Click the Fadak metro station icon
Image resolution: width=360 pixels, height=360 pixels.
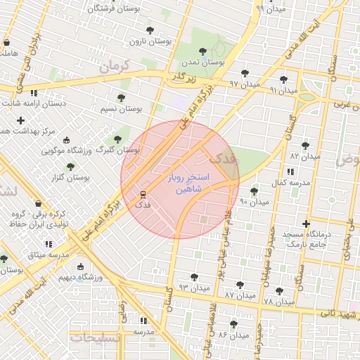(x=143, y=194)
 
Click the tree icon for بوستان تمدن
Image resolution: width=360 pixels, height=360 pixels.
(x=203, y=51)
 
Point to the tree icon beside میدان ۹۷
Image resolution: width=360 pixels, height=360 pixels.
(x=245, y=73)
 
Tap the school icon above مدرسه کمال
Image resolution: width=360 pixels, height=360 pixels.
(x=290, y=172)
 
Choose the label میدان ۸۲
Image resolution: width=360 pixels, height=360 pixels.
(x=304, y=155)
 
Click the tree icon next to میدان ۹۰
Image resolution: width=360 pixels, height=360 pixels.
(x=254, y=191)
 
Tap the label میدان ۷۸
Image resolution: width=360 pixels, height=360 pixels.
(x=279, y=302)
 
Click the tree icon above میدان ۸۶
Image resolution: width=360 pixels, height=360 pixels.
(x=234, y=324)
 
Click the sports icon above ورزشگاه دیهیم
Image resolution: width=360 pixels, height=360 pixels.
(x=80, y=267)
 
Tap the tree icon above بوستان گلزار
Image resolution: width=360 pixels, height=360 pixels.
(x=71, y=167)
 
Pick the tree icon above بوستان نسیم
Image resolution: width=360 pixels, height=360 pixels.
(x=121, y=98)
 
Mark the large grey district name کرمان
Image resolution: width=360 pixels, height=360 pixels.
(x=116, y=67)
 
